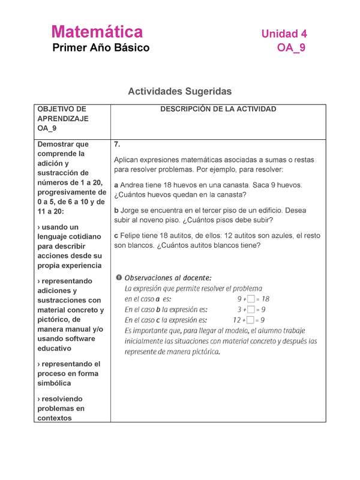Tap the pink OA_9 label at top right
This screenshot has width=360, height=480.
pyautogui.click(x=292, y=48)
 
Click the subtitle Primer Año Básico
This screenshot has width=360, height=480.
pyautogui.click(x=101, y=48)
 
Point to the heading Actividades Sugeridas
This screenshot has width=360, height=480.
pyautogui.click(x=179, y=91)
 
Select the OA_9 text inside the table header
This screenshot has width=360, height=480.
pyautogui.click(x=47, y=128)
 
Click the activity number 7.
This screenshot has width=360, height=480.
pyautogui.click(x=117, y=145)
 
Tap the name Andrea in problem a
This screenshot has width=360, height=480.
pyautogui.click(x=134, y=185)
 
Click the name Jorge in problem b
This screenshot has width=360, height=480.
pyautogui.click(x=132, y=211)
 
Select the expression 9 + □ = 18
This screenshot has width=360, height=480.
pyautogui.click(x=253, y=298)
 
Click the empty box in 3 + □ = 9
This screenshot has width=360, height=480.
pyautogui.click(x=251, y=310)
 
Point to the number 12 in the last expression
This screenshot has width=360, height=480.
pyautogui.click(x=236, y=320)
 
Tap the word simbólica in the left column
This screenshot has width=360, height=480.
pyautogui.click(x=55, y=383)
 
